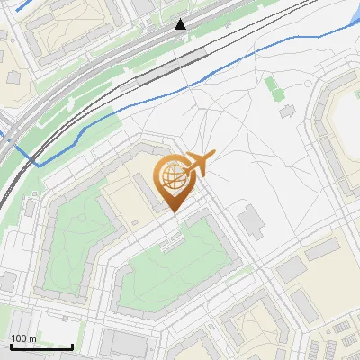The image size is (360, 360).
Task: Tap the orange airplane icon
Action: click(x=199, y=165)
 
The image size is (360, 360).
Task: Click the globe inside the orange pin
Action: click(x=171, y=177)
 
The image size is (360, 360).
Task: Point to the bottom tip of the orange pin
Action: click(x=173, y=212)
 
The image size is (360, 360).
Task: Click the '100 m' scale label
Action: click(x=24, y=338)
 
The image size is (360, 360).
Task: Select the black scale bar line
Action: click(x=41, y=346)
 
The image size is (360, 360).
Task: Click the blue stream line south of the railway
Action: click(x=135, y=104)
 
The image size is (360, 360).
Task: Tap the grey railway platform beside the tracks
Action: click(x=166, y=67)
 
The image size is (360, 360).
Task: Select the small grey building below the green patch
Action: click(x=287, y=112)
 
